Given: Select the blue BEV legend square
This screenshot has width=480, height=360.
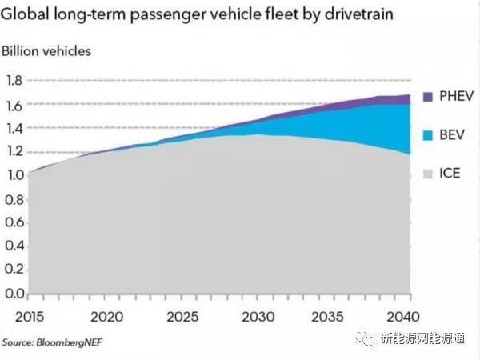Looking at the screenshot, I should tap(424, 135).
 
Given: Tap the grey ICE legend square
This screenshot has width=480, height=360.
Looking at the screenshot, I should tap(424, 173).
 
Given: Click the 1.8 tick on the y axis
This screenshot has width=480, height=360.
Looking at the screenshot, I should tap(14, 81).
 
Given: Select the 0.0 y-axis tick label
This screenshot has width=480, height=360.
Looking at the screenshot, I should tap(14, 294).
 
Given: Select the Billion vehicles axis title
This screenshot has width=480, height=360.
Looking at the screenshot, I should tap(46, 51).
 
